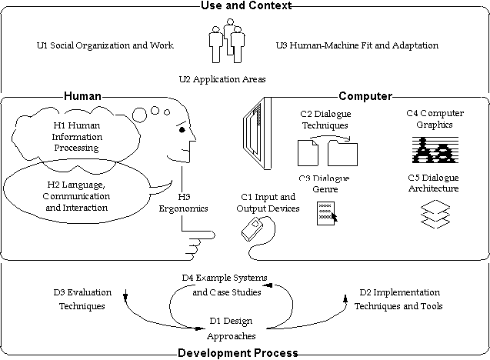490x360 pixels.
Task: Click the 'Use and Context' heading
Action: point(245,6)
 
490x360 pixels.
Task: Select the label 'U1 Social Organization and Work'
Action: point(105,45)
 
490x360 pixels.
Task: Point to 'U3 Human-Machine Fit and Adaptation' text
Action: point(357,45)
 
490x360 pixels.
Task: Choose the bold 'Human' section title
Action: point(82,97)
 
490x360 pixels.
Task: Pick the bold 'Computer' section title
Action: point(365,97)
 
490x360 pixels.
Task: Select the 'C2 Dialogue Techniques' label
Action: point(324,119)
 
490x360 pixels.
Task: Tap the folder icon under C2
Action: point(342,152)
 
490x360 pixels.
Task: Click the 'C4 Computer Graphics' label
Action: point(429,119)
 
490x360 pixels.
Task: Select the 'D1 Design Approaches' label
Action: point(231,328)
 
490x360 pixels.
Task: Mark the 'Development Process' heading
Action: point(237,353)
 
